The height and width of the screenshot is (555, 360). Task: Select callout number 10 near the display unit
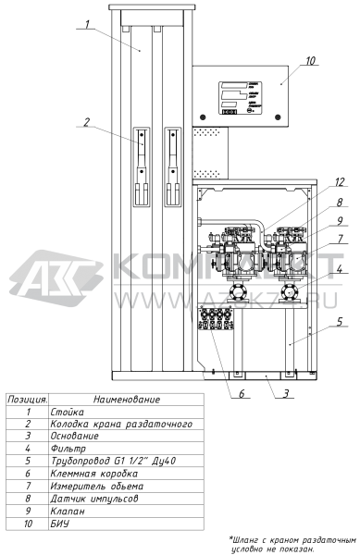click(309, 61)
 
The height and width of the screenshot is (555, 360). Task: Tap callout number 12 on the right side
click(315, 182)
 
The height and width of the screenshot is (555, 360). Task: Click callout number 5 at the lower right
click(315, 324)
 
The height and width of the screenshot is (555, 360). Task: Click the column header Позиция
click(28, 400)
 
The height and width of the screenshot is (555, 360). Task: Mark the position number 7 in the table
click(29, 484)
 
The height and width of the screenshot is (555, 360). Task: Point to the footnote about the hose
click(292, 542)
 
